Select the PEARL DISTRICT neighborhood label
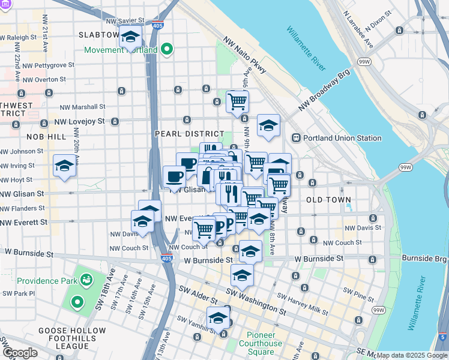pos(189,134)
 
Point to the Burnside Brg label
pos(424,258)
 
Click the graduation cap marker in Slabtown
pos(130,37)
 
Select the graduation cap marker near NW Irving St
pos(64,167)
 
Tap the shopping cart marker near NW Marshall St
pos(237,101)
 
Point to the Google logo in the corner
pos(20,353)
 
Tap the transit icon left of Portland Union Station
pos(296,137)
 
